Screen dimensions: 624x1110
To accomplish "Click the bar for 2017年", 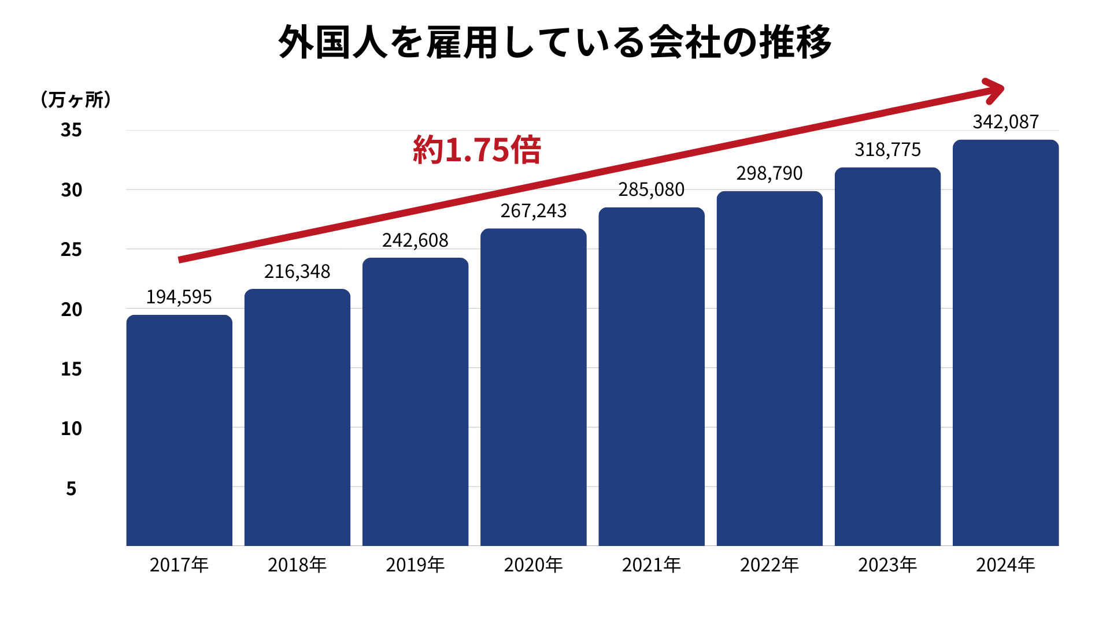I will [179, 430].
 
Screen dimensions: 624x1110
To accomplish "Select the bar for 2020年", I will [533, 387].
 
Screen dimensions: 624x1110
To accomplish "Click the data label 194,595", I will [179, 297].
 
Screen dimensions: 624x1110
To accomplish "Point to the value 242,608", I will [415, 240].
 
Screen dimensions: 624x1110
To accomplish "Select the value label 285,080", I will [652, 190].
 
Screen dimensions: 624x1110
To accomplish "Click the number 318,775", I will [887, 150].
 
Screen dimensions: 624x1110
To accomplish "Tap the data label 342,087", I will [1006, 122].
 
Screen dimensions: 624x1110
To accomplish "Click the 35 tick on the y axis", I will [71, 130].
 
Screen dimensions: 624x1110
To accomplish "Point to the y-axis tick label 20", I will [71, 310].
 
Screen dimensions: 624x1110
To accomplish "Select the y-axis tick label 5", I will [71, 489].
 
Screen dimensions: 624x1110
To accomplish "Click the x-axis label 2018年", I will [297, 564].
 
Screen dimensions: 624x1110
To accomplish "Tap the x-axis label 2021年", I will [652, 564].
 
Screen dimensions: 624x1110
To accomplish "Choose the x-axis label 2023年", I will [887, 564].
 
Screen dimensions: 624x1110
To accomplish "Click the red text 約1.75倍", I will [477, 150].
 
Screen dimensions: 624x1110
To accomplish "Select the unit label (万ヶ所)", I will [76, 100].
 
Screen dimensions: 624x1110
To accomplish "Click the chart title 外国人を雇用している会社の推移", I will [555, 42].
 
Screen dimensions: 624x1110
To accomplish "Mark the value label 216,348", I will [297, 272].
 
